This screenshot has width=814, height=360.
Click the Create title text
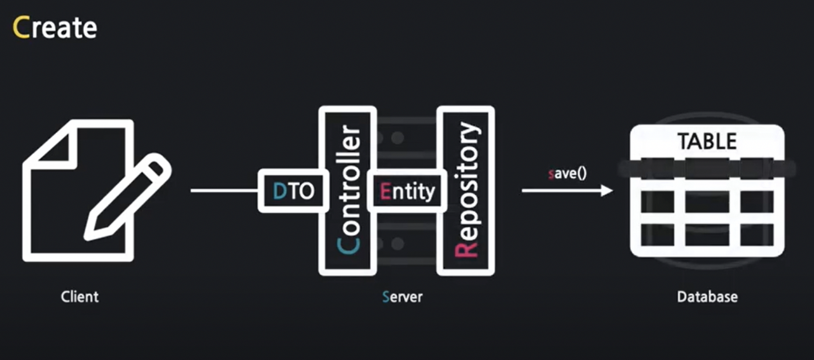pyautogui.click(x=55, y=27)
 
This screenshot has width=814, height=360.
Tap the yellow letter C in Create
pyautogui.click(x=20, y=27)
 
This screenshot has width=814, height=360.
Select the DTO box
pyautogui.click(x=293, y=191)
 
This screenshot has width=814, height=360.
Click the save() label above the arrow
pyautogui.click(x=567, y=173)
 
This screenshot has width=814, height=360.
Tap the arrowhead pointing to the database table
pyautogui.click(x=607, y=190)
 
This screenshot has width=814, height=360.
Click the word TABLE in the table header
pyautogui.click(x=707, y=141)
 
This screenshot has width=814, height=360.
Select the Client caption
pyautogui.click(x=79, y=296)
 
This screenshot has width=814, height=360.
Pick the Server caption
pyautogui.click(x=402, y=296)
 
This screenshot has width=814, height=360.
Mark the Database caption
pyautogui.click(x=707, y=296)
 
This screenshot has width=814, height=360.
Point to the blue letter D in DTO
pyautogui.click(x=279, y=191)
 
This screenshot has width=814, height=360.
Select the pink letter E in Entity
pyautogui.click(x=385, y=191)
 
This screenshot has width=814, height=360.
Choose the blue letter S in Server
pyautogui.click(x=386, y=296)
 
